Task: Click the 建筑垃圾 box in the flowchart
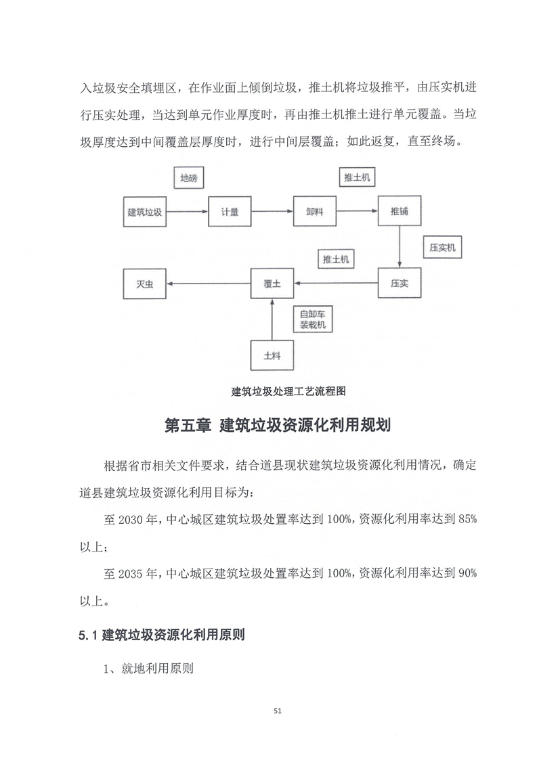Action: coord(144,212)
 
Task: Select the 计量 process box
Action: coord(230,212)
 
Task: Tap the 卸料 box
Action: coord(314,212)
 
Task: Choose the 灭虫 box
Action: coord(144,284)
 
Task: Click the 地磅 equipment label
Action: coord(188,179)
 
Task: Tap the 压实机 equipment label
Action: coord(442,248)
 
